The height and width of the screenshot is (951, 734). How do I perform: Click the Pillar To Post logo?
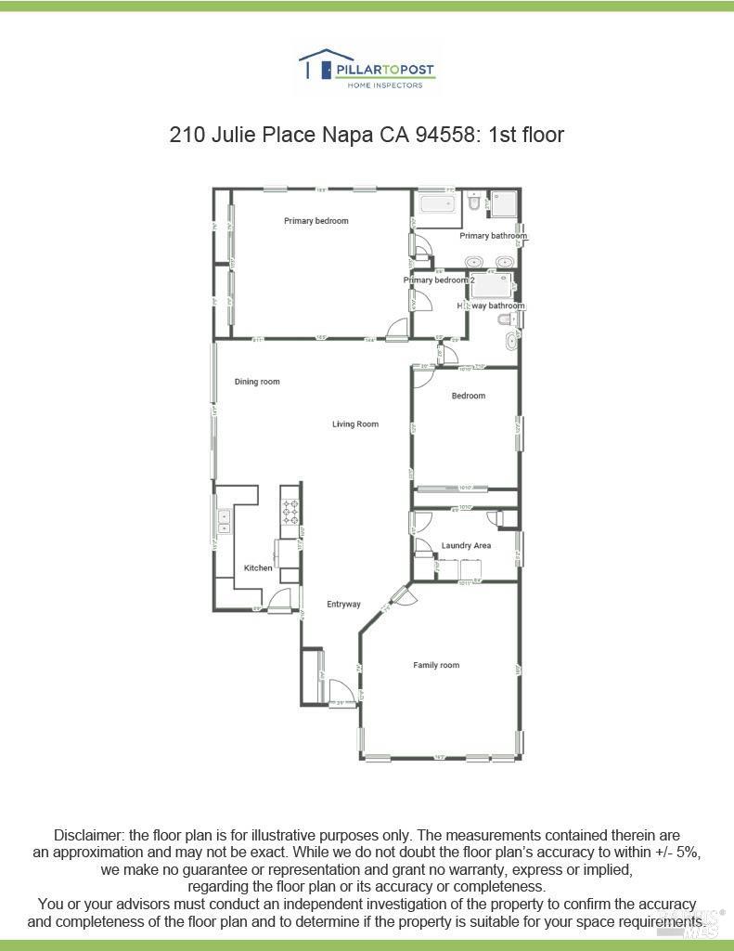click(x=367, y=70)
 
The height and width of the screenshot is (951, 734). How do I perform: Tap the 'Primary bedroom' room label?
click(x=316, y=221)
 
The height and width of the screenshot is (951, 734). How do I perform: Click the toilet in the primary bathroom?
click(x=473, y=202)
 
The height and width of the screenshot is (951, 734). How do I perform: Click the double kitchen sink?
click(x=224, y=521)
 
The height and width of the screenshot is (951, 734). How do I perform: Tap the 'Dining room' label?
click(x=257, y=382)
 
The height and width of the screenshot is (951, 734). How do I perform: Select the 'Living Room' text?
click(x=355, y=424)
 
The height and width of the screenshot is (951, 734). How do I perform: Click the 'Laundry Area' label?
click(x=466, y=546)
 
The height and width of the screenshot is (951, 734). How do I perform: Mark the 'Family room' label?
click(x=436, y=665)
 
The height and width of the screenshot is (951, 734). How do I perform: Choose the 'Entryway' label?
click(x=343, y=605)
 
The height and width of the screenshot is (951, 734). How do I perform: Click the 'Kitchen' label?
click(x=258, y=568)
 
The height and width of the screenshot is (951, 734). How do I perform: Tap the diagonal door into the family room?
click(x=400, y=594)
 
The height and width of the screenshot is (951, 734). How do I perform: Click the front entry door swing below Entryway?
click(x=341, y=692)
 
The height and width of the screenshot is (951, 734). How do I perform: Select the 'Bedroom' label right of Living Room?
click(x=469, y=396)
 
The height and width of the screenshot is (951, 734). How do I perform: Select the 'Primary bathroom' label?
click(x=493, y=236)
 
